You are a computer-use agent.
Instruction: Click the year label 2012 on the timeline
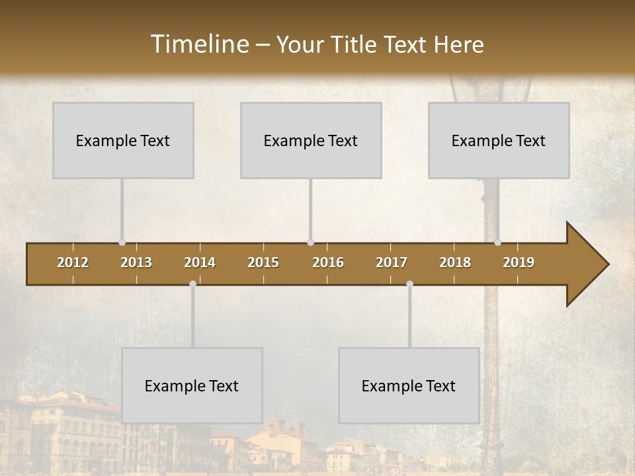tap(73, 262)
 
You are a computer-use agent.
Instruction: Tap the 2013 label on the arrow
tap(136, 262)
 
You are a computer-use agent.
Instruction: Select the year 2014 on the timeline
tap(200, 262)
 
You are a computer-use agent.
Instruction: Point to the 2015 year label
tap(263, 262)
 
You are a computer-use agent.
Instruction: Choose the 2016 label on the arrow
tap(328, 262)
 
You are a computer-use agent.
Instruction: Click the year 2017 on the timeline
tap(392, 262)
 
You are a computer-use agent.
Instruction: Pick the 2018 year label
tap(455, 262)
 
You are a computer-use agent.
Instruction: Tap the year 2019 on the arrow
tap(519, 262)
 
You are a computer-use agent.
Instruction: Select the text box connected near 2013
tap(123, 140)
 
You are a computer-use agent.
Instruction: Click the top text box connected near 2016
tap(311, 140)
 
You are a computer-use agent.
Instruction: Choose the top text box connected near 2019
tap(499, 140)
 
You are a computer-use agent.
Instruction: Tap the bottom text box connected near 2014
tap(192, 385)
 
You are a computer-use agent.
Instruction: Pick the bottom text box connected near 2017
tap(409, 385)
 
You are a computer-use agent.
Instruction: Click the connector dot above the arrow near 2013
tap(122, 243)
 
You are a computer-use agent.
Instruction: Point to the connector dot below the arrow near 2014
tap(192, 284)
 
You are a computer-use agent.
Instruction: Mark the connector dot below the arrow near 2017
tap(409, 284)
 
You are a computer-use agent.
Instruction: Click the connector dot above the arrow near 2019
tap(497, 243)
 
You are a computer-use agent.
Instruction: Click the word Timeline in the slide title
tap(199, 44)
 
